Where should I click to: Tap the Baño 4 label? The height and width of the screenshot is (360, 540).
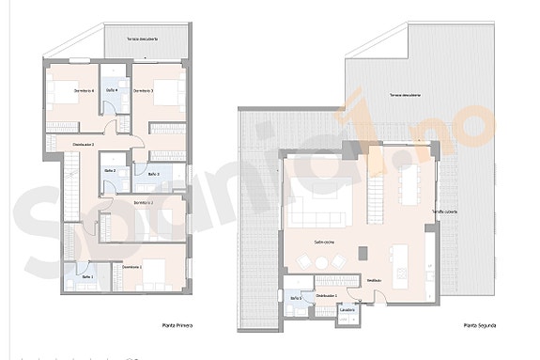click(x=112, y=90)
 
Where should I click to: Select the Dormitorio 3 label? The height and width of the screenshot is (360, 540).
click(x=143, y=90)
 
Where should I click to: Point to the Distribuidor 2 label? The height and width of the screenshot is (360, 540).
click(x=84, y=144)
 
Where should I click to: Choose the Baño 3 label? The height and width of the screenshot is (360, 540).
click(x=153, y=175)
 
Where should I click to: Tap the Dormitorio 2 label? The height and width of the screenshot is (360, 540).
click(x=143, y=203)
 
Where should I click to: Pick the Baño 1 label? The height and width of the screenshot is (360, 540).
click(x=87, y=277)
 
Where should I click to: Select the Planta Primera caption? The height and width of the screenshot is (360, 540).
click(x=177, y=326)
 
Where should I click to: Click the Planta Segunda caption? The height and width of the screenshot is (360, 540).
click(x=479, y=326)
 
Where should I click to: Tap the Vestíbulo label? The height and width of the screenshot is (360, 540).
click(x=374, y=280)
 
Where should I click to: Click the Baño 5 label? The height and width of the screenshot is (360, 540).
click(x=296, y=297)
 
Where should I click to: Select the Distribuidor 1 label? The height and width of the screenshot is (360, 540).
click(x=327, y=295)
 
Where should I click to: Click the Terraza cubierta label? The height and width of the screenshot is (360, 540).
click(x=445, y=211)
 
